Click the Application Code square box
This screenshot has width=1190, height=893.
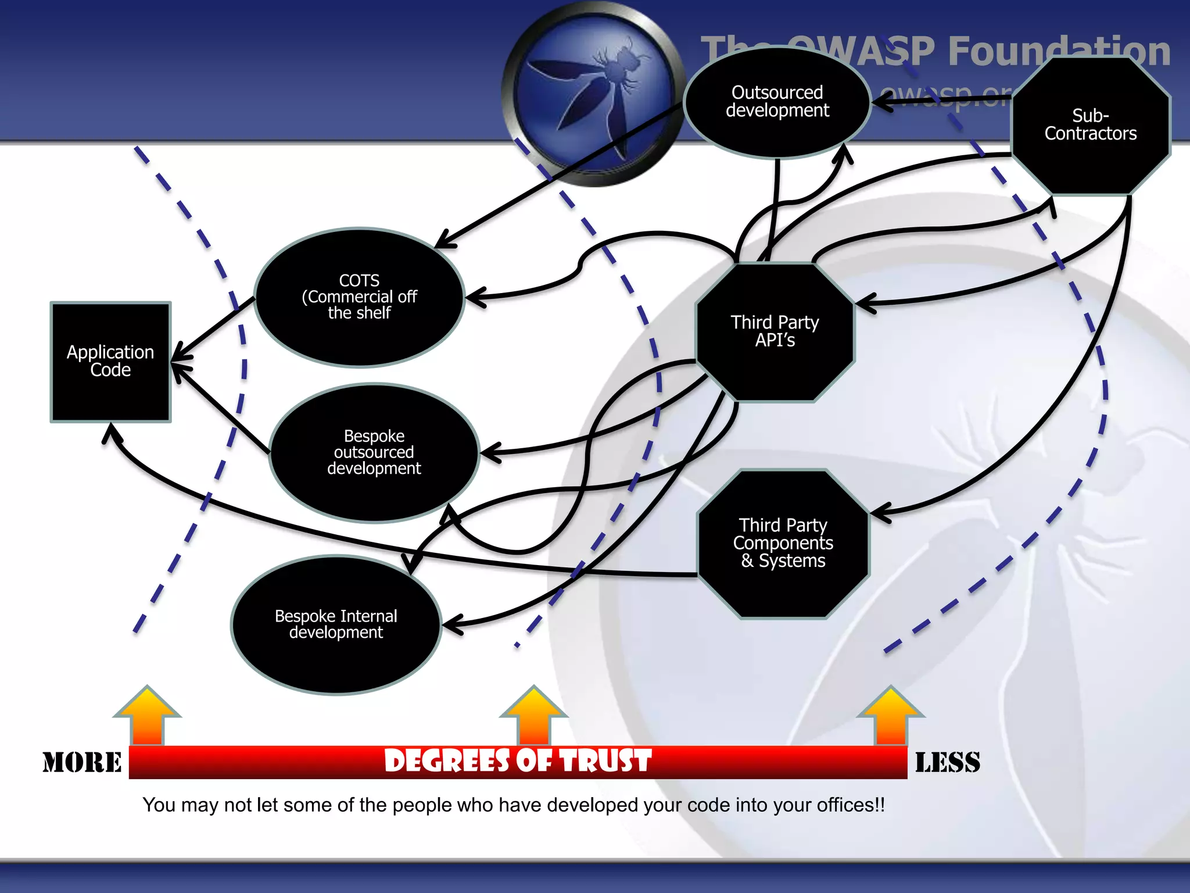coord(110,362)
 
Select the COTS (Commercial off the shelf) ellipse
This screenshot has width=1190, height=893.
coord(359,297)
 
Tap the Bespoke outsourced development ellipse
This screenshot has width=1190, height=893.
coord(374,452)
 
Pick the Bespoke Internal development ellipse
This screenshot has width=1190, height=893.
coord(336,624)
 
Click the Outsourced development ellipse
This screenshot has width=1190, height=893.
coord(777,102)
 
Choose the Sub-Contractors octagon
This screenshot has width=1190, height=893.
coord(1090,125)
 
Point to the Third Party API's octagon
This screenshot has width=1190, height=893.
coord(775,331)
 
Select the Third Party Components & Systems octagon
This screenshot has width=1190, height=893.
coord(783,543)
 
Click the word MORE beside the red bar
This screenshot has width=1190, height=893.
coord(82,762)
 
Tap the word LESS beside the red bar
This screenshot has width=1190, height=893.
coord(947,762)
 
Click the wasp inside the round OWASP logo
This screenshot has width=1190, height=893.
coord(598,87)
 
